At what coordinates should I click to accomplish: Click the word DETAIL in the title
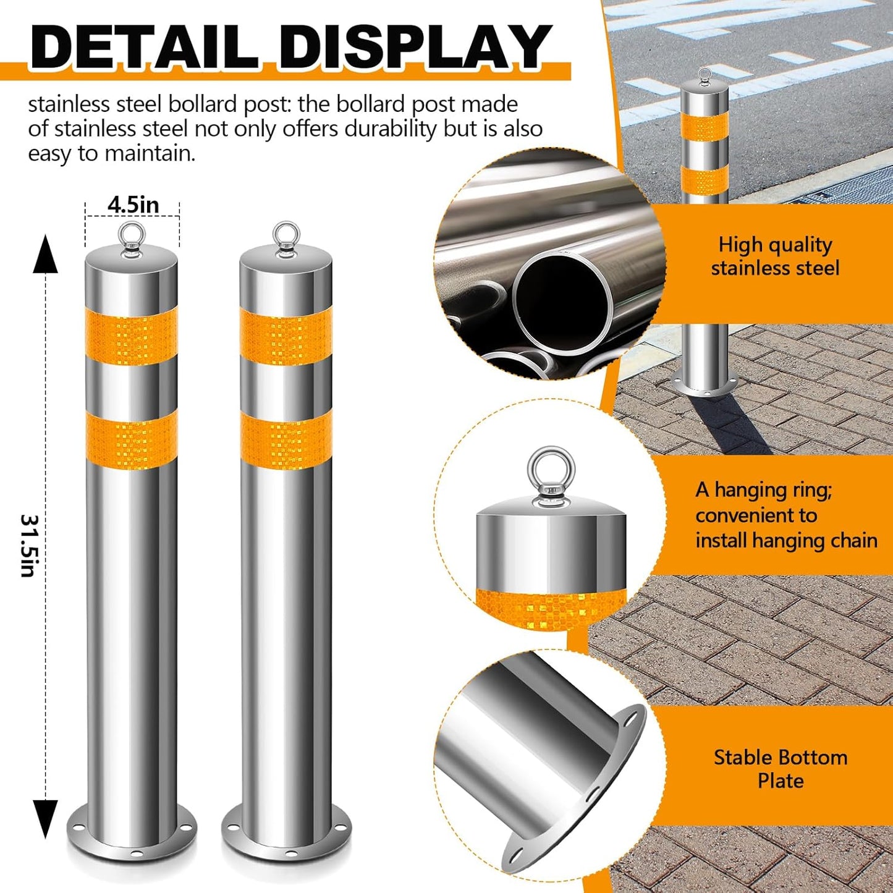tap(144, 48)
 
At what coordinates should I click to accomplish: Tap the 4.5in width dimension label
tap(133, 205)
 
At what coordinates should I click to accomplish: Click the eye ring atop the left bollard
tap(132, 235)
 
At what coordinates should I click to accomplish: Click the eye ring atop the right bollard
tap(286, 235)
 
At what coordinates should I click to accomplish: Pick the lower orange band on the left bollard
tap(132, 439)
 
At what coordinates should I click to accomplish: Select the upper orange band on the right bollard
tap(286, 336)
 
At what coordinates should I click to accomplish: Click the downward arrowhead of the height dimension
tap(45, 818)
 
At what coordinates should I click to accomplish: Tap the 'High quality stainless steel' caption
tap(775, 256)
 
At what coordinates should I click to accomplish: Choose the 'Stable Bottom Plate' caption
tap(781, 769)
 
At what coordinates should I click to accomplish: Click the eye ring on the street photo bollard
tap(705, 77)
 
